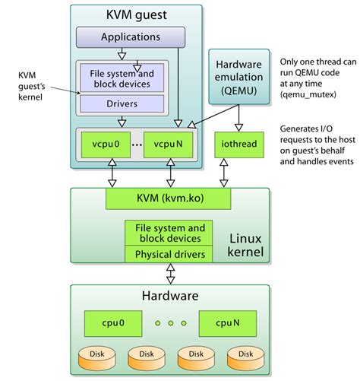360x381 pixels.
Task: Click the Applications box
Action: tap(131, 37)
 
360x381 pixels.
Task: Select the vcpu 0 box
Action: tap(106, 144)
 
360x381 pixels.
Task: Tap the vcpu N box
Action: tap(168, 144)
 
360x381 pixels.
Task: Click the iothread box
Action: tap(239, 144)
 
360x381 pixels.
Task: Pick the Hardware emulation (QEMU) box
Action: tap(239, 77)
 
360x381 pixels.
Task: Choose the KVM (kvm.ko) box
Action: tap(169, 198)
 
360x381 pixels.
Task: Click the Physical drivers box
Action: tap(169, 254)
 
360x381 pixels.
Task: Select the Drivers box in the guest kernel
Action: tap(122, 103)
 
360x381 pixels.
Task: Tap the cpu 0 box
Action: tap(113, 323)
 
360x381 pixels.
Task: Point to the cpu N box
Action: tap(228, 323)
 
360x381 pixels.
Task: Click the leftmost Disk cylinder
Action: tap(97, 358)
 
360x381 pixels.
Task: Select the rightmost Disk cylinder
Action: tap(246, 358)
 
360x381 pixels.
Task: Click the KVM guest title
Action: tap(137, 15)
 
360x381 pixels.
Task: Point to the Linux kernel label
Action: tap(245, 245)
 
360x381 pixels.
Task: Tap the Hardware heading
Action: tap(170, 296)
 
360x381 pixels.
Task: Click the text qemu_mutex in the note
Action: tap(308, 95)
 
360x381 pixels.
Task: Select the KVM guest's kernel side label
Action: tap(32, 86)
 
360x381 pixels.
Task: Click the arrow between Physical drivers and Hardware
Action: tap(171, 274)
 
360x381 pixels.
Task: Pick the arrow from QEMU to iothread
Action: tap(238, 118)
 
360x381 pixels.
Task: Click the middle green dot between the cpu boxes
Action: tap(171, 323)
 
